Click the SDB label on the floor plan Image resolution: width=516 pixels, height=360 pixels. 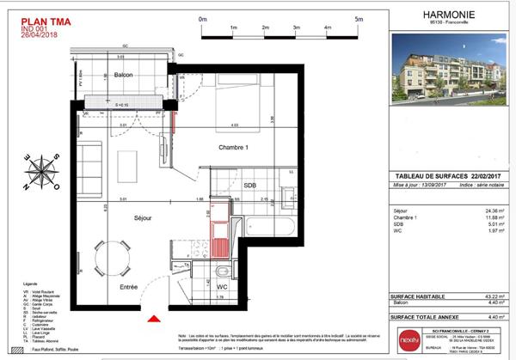click(249, 186)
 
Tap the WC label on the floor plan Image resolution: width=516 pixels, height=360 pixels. click(220, 286)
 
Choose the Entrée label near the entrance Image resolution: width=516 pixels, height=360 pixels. click(129, 286)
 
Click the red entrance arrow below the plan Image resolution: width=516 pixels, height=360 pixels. click(153, 319)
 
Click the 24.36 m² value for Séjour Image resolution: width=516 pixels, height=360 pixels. click(494, 210)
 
